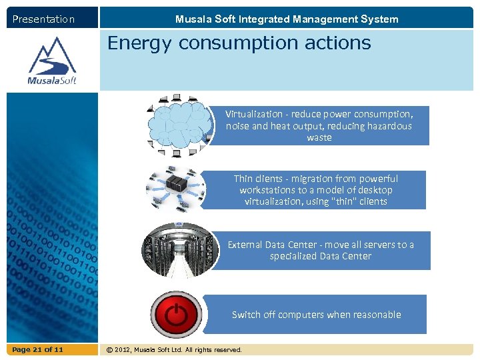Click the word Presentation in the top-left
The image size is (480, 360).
point(43,19)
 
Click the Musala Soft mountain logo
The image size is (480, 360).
point(52,56)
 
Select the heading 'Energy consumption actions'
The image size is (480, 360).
point(239,43)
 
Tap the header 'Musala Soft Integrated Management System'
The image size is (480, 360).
point(287,19)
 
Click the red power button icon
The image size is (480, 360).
point(175,315)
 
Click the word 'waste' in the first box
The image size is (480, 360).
point(319,137)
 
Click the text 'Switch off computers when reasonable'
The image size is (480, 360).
point(316,315)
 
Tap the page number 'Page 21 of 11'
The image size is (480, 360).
point(38,350)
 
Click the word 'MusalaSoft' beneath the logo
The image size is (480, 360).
point(52,81)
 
